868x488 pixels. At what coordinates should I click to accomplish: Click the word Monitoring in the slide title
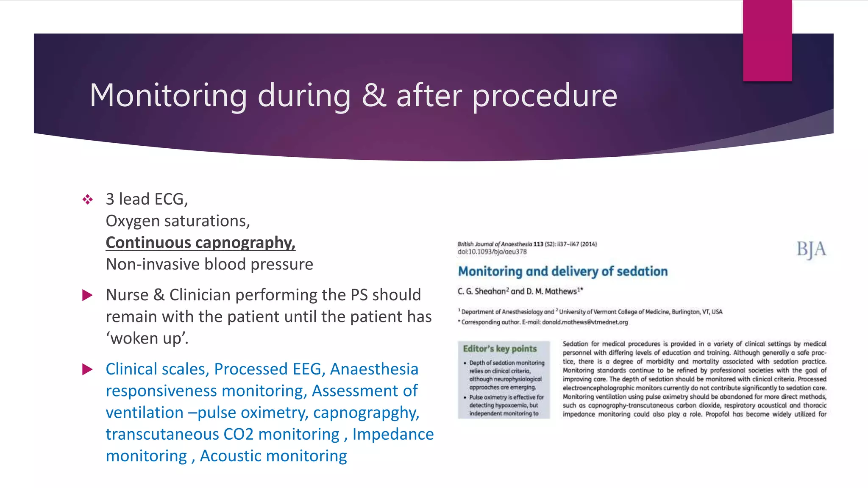click(168, 96)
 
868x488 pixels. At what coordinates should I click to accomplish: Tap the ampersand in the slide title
click(373, 96)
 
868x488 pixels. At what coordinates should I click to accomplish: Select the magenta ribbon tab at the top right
click(767, 40)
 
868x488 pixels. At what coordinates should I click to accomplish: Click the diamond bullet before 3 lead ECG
click(88, 200)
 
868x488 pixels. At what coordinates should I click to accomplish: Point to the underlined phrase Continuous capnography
click(200, 243)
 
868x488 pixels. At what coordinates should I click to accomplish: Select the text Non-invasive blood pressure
click(209, 264)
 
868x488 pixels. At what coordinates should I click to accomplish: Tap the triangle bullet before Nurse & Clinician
click(87, 295)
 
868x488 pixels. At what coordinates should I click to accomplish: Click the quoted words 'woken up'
click(147, 338)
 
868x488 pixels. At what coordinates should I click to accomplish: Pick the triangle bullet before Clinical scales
click(87, 369)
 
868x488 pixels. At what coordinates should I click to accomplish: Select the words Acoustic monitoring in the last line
click(273, 456)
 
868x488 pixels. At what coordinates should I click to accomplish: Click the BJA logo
click(811, 250)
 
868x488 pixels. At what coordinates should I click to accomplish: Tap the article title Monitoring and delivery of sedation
click(563, 272)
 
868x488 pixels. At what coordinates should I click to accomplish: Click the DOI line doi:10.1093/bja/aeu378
click(492, 252)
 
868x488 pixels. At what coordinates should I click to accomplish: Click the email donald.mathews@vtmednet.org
click(585, 322)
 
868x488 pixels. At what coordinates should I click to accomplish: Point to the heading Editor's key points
click(500, 349)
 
